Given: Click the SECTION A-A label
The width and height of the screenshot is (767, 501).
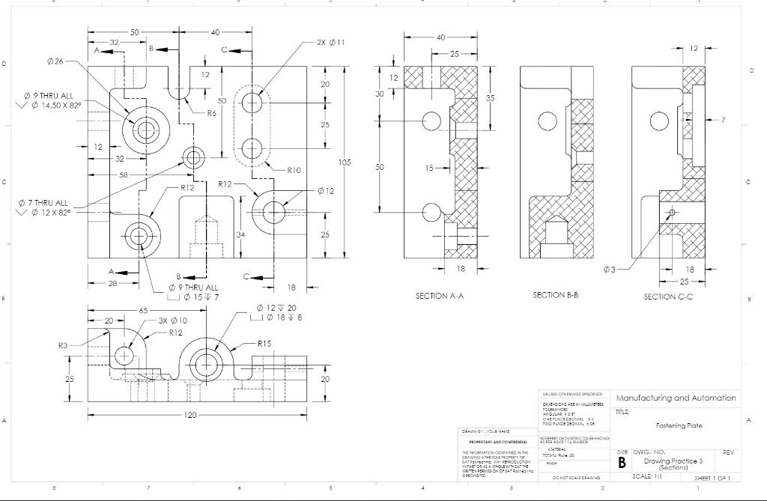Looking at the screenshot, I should [x=440, y=296].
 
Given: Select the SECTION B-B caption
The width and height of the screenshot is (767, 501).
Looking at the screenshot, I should [x=555, y=295].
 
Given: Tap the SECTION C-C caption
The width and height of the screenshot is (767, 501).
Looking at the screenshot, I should [x=668, y=297].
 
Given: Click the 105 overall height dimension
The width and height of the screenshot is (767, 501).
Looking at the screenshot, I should [x=345, y=163].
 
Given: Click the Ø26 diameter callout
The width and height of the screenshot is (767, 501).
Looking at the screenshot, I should [x=55, y=61].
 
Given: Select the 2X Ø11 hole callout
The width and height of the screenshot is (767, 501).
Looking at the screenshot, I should [x=330, y=43].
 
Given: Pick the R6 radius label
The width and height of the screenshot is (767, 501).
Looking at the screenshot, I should [x=212, y=113].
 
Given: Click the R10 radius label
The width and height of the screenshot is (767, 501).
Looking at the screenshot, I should [x=294, y=170].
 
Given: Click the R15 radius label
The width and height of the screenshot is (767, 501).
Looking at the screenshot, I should [x=264, y=344].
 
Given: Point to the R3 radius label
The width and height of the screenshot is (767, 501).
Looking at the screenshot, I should [x=64, y=346].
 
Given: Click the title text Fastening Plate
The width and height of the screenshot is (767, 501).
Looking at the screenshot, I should [x=679, y=425].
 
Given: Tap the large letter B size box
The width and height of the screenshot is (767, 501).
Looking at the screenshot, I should [x=622, y=463].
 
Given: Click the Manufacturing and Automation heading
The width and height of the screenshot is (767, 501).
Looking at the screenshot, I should [x=675, y=398].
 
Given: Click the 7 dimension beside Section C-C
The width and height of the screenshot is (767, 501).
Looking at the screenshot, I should [x=723, y=120].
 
